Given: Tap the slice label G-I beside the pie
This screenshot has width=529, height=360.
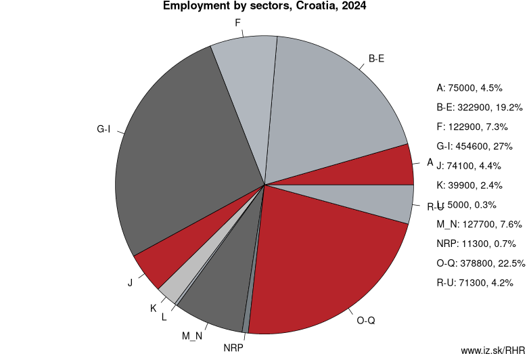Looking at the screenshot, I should (x=103, y=129).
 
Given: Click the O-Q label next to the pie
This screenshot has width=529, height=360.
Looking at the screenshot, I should (x=365, y=320).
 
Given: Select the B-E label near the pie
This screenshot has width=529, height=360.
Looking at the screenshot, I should (x=377, y=59).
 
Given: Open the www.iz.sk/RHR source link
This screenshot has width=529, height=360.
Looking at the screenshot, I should (x=492, y=351).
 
